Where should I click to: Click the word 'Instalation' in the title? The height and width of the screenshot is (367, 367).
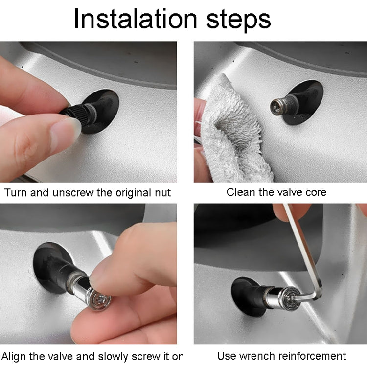(135, 19)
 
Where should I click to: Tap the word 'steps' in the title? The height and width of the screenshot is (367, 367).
(238, 21)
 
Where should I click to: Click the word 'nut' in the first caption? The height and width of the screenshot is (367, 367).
(162, 193)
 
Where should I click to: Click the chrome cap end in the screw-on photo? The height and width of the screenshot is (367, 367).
(99, 299)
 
